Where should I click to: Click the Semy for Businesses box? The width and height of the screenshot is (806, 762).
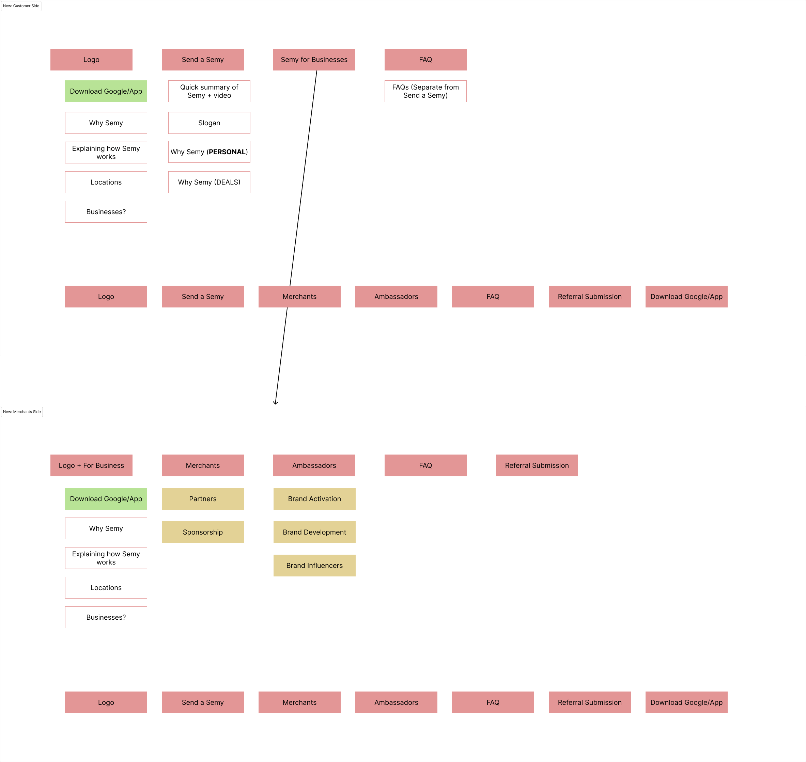click(314, 60)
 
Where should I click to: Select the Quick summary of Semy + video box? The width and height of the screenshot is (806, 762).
click(209, 91)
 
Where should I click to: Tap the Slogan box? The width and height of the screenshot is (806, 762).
click(209, 123)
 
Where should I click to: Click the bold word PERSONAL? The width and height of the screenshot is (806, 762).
click(227, 152)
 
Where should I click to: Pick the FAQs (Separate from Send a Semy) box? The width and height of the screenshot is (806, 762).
click(425, 91)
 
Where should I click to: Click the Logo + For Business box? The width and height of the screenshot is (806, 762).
click(91, 465)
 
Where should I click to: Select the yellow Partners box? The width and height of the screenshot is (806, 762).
click(202, 499)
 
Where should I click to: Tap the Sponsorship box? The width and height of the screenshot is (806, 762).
click(202, 532)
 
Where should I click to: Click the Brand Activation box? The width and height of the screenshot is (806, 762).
click(314, 499)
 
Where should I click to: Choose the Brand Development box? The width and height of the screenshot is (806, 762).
click(314, 532)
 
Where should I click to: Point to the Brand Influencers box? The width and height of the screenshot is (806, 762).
click(314, 566)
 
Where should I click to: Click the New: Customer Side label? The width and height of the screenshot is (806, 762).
click(21, 6)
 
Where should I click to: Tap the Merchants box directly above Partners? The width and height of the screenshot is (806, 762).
click(202, 465)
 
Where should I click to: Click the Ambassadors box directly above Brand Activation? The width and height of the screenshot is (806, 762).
click(314, 465)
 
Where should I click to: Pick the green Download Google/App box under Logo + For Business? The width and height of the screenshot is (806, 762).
click(106, 499)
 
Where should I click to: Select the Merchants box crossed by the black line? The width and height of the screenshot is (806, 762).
click(309, 297)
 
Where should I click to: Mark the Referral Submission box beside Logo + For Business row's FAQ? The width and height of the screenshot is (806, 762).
click(537, 465)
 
